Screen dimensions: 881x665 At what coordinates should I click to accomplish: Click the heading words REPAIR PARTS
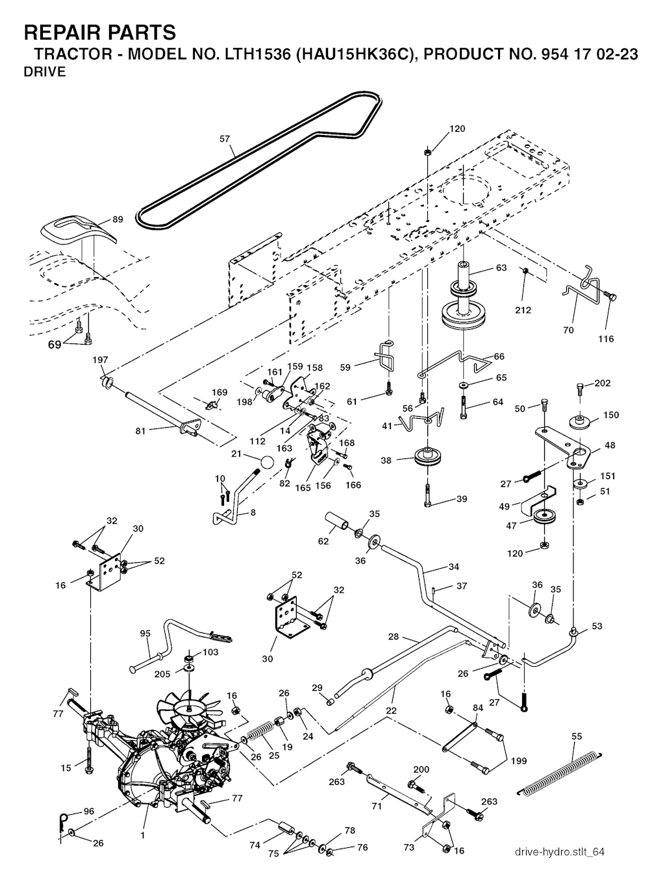point(99,32)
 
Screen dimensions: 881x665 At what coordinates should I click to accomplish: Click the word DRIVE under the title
point(45,72)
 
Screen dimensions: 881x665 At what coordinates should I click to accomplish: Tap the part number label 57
point(225,139)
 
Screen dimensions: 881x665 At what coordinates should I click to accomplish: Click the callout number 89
point(118,219)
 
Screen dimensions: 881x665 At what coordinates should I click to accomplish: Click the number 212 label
point(522,310)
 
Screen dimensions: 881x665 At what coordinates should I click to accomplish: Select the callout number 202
point(602,383)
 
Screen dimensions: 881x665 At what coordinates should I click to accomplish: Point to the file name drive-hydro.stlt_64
point(557,851)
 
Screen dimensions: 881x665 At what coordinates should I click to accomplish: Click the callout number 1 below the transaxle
point(142,835)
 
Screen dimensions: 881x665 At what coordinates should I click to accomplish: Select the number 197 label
point(100,360)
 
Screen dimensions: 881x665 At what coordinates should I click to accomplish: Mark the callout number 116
point(605,338)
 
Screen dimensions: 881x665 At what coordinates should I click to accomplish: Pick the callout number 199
point(519,761)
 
